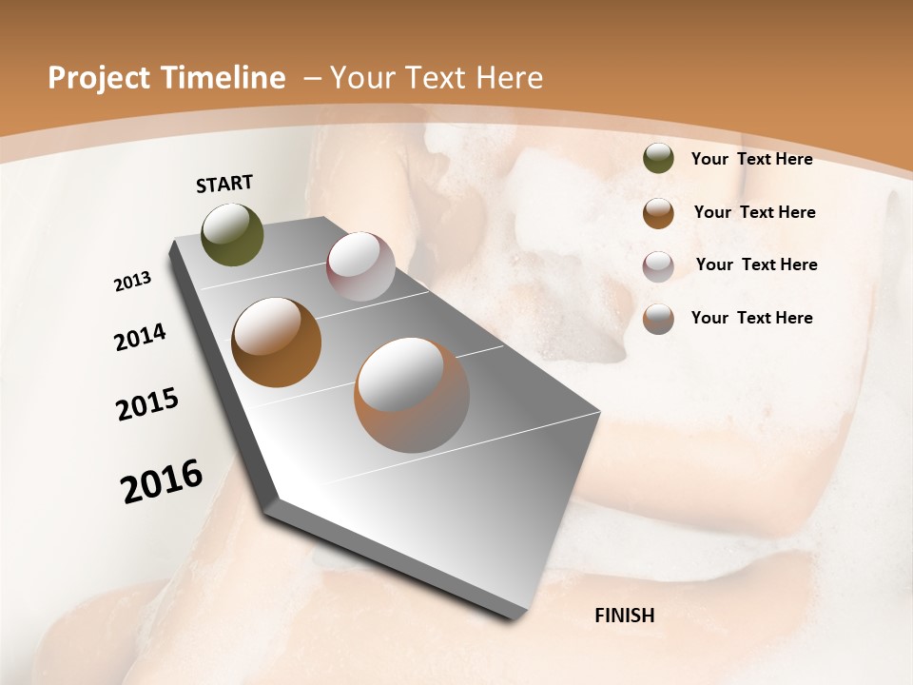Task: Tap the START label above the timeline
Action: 224,184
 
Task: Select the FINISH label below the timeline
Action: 625,616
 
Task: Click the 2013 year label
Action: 132,282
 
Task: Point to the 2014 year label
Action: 140,337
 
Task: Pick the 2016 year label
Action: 162,480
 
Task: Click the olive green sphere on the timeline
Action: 233,234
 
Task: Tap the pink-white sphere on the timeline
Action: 360,266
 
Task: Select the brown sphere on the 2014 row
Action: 276,342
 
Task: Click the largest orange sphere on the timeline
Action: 412,395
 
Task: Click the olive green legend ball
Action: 658,159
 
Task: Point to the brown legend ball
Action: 658,213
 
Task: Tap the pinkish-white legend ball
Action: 658,266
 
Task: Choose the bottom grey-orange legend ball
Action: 658,319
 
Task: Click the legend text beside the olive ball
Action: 751,159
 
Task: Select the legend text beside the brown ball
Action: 754,212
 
